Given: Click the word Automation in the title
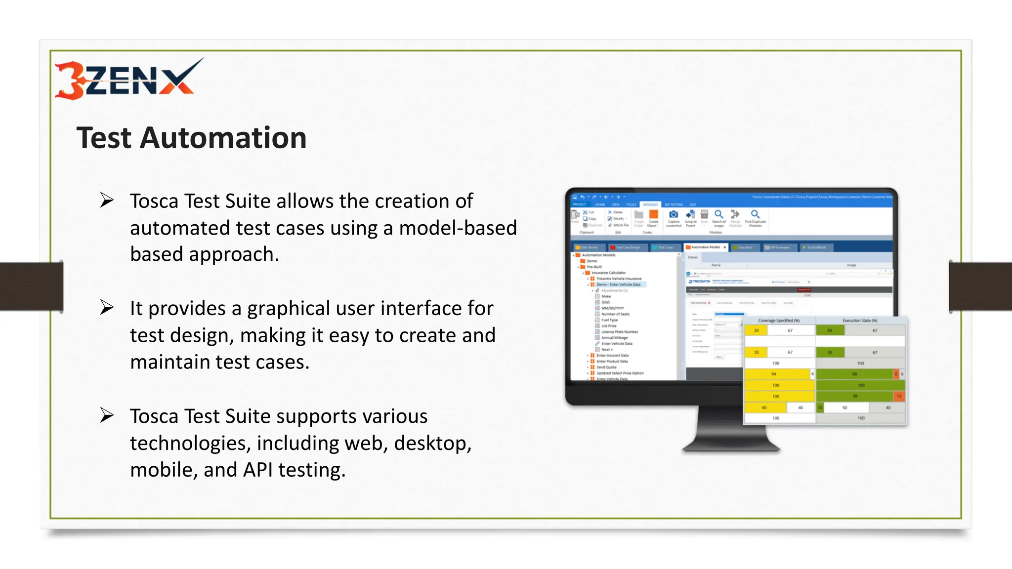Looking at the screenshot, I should pyautogui.click(x=223, y=138).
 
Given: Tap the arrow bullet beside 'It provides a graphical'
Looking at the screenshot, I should pyautogui.click(x=107, y=308).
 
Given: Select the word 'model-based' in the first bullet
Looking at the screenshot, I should pyautogui.click(x=458, y=228).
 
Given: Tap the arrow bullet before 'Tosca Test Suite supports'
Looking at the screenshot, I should pyautogui.click(x=107, y=415).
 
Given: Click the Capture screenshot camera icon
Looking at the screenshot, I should pyautogui.click(x=673, y=214).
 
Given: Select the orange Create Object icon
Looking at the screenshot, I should pyautogui.click(x=653, y=214).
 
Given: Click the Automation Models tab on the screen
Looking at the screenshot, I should pyautogui.click(x=705, y=247).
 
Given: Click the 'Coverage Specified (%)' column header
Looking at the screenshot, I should pyautogui.click(x=779, y=321).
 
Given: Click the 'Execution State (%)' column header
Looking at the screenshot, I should pyautogui.click(x=860, y=321).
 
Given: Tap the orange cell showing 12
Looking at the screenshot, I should pyautogui.click(x=899, y=396).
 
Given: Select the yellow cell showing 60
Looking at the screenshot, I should pyautogui.click(x=764, y=407).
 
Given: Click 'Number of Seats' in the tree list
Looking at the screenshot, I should pyautogui.click(x=615, y=314).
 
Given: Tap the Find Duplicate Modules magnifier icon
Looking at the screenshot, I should pyautogui.click(x=755, y=214).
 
